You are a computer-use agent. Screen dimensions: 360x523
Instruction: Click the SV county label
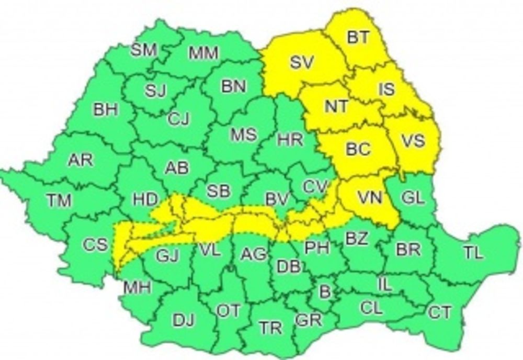click(x=301, y=63)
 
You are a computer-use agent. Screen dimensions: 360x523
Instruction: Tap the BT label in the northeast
click(x=358, y=37)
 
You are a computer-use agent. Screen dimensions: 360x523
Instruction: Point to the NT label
click(x=336, y=106)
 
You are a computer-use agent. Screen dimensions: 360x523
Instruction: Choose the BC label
click(x=358, y=149)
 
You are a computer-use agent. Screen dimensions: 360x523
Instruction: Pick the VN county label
click(x=370, y=197)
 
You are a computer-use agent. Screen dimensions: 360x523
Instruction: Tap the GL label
click(x=414, y=197)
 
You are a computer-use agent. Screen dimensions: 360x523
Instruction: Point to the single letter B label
click(x=325, y=291)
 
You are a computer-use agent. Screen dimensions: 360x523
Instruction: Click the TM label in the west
click(x=59, y=200)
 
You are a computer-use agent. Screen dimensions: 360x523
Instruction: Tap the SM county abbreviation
click(x=143, y=51)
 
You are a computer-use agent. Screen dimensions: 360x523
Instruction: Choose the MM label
click(x=203, y=53)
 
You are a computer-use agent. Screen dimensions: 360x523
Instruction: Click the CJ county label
click(x=178, y=119)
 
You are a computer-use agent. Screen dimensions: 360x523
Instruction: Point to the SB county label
click(x=219, y=191)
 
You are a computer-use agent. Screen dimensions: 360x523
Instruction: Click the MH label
click(x=137, y=287)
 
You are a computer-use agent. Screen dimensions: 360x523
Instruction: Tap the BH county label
click(x=106, y=110)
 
